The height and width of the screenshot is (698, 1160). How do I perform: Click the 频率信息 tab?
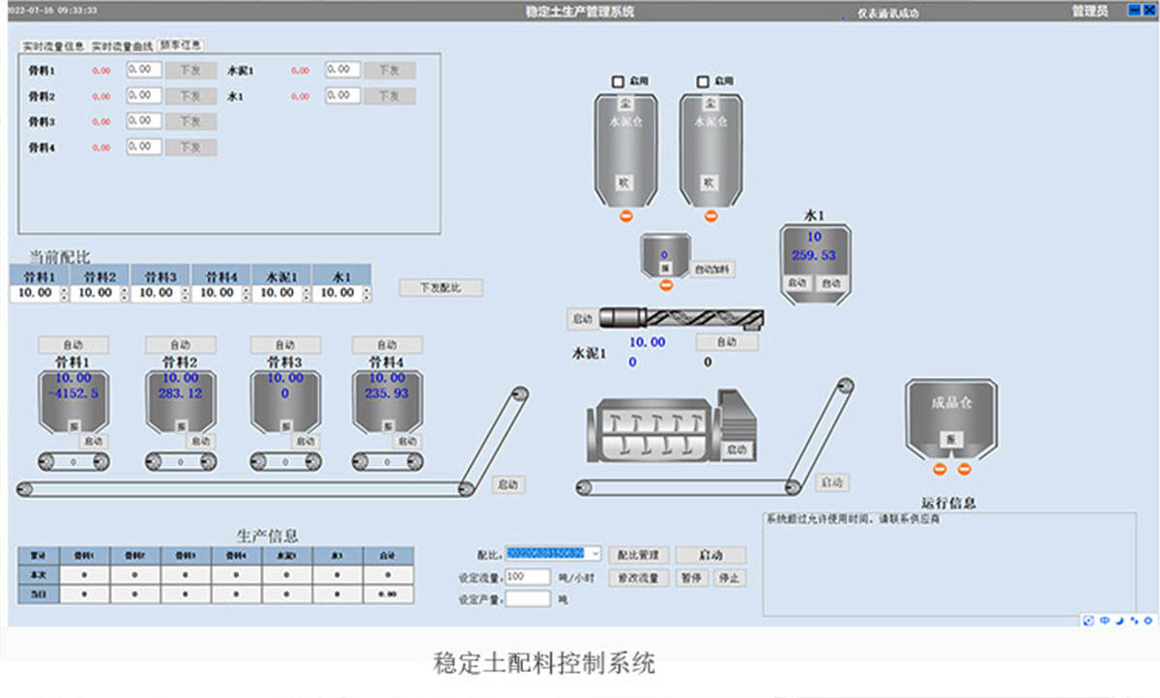pyautogui.click(x=181, y=44)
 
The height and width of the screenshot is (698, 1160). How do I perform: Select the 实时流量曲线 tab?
pyautogui.click(x=122, y=45)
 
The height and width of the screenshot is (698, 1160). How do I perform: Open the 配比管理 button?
pyautogui.click(x=638, y=555)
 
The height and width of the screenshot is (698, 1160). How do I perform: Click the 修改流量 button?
pyautogui.click(x=638, y=578)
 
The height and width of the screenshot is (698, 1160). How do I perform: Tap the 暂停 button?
pyautogui.click(x=690, y=578)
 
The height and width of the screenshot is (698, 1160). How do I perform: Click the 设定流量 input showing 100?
pyautogui.click(x=528, y=576)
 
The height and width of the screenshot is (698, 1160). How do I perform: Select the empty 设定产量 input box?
pyautogui.click(x=528, y=599)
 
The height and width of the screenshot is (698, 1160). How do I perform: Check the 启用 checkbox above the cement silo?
pyautogui.click(x=620, y=81)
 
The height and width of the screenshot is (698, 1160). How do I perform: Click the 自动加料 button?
pyautogui.click(x=713, y=270)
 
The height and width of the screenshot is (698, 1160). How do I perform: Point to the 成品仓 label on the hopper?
pyautogui.click(x=949, y=403)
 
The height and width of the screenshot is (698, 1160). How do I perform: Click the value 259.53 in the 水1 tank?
pyautogui.click(x=814, y=255)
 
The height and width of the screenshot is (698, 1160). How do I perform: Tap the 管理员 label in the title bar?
pyautogui.click(x=1089, y=12)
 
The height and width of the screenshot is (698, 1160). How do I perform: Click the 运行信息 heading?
pyautogui.click(x=948, y=503)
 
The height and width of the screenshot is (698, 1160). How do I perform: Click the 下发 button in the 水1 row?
pyautogui.click(x=389, y=96)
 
